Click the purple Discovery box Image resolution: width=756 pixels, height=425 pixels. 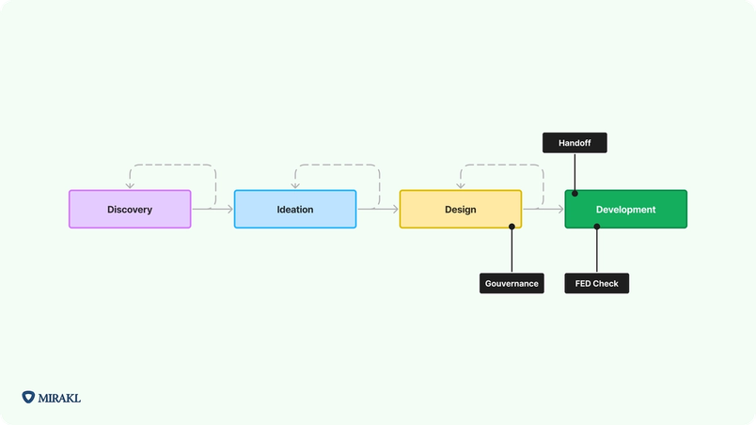130,209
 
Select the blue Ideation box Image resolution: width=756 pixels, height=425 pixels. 295,209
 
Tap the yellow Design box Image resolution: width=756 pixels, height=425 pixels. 461,209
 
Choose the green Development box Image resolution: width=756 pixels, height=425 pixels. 625,209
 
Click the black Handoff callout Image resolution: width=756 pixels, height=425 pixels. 575,143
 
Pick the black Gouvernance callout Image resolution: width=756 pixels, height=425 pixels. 512,283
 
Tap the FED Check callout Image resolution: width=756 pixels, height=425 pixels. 596,283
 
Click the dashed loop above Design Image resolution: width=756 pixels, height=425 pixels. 502,166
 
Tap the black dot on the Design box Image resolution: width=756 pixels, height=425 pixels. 512,226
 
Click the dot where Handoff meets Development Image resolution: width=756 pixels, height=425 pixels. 575,193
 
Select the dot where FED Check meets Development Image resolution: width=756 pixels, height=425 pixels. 596,226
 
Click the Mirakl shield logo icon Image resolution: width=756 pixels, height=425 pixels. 28,398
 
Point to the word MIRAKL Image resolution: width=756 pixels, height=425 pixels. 60,398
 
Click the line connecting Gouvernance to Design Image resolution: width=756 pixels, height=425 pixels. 512,250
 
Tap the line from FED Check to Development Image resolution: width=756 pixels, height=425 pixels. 596,250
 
